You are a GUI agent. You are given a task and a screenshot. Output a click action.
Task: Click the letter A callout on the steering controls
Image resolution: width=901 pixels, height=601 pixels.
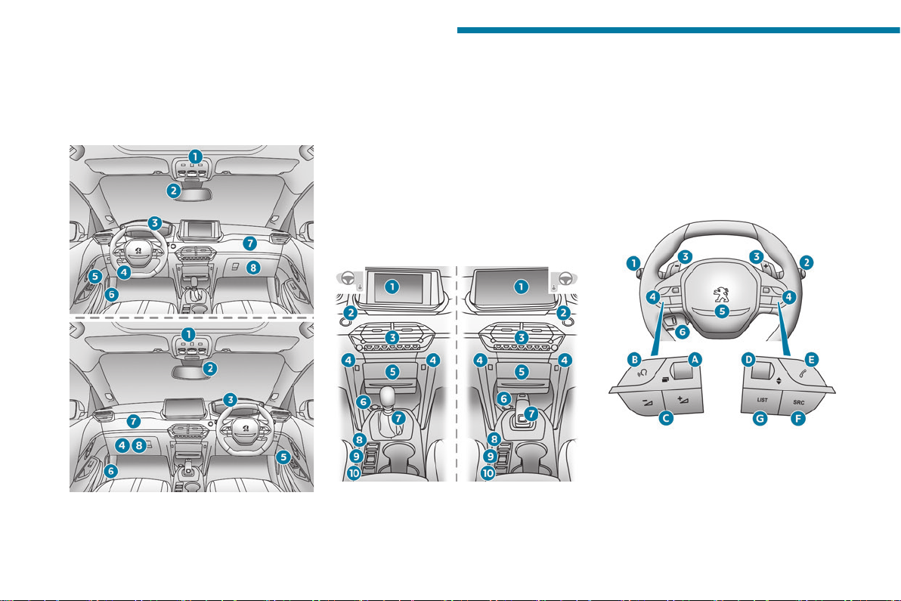click(695, 360)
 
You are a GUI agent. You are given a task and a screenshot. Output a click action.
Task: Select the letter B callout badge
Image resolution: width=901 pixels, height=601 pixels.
click(634, 360)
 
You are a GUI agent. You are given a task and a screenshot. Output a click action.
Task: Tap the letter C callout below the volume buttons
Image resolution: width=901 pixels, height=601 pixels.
click(666, 418)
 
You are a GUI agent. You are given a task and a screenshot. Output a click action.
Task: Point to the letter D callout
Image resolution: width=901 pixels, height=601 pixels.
click(748, 360)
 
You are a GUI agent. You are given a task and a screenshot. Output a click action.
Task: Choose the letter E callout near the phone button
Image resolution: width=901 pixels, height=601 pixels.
click(811, 360)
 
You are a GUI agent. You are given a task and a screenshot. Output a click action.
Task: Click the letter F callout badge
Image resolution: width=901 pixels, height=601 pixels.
click(797, 419)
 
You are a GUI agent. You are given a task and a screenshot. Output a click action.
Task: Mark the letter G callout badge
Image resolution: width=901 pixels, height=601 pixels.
click(760, 419)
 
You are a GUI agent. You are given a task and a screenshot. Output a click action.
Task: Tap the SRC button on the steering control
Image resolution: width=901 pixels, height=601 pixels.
click(799, 402)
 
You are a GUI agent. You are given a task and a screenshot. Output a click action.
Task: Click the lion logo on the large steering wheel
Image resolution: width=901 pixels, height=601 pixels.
click(721, 293)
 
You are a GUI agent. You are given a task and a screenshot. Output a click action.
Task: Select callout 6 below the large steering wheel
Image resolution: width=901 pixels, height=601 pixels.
click(682, 332)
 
